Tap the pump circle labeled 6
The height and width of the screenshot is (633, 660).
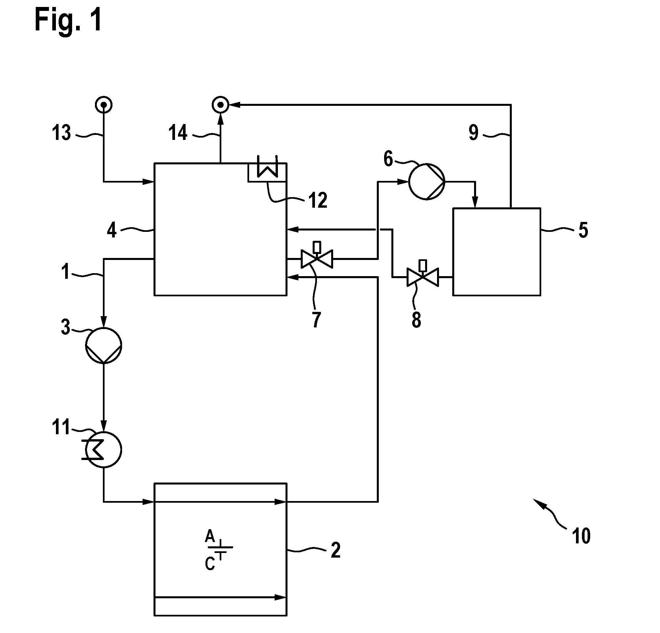point(427,182)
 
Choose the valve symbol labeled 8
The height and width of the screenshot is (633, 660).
point(423,273)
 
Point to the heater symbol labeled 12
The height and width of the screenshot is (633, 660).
point(267,168)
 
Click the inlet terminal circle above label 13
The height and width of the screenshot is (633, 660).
point(104,105)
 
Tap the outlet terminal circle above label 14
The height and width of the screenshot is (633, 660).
point(221,105)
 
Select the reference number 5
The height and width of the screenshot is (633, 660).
point(583,230)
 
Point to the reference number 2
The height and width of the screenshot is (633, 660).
point(335,550)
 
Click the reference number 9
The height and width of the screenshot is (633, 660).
point(473,132)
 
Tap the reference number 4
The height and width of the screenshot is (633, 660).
point(112,230)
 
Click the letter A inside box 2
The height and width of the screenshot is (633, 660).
point(210,536)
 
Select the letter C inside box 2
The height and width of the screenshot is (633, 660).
point(210,564)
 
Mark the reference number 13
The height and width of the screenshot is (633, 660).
point(61,132)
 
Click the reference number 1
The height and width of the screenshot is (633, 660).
point(65,272)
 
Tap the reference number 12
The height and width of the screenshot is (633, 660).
point(318,200)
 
